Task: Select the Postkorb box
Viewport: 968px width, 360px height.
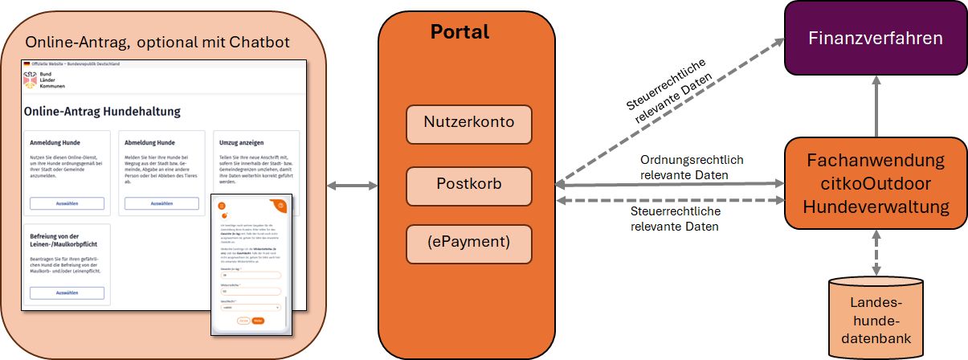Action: (x=469, y=184)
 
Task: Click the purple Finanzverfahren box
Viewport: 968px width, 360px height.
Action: (x=875, y=38)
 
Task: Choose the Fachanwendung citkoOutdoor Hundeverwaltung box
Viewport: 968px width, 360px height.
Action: (x=875, y=183)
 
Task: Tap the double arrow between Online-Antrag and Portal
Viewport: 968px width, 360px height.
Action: (x=353, y=187)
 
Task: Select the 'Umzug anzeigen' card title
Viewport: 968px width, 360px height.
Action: (x=241, y=142)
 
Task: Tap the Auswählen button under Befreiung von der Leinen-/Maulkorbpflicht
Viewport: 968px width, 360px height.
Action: (x=67, y=293)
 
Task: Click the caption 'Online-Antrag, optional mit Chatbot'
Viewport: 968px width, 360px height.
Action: (x=157, y=42)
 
